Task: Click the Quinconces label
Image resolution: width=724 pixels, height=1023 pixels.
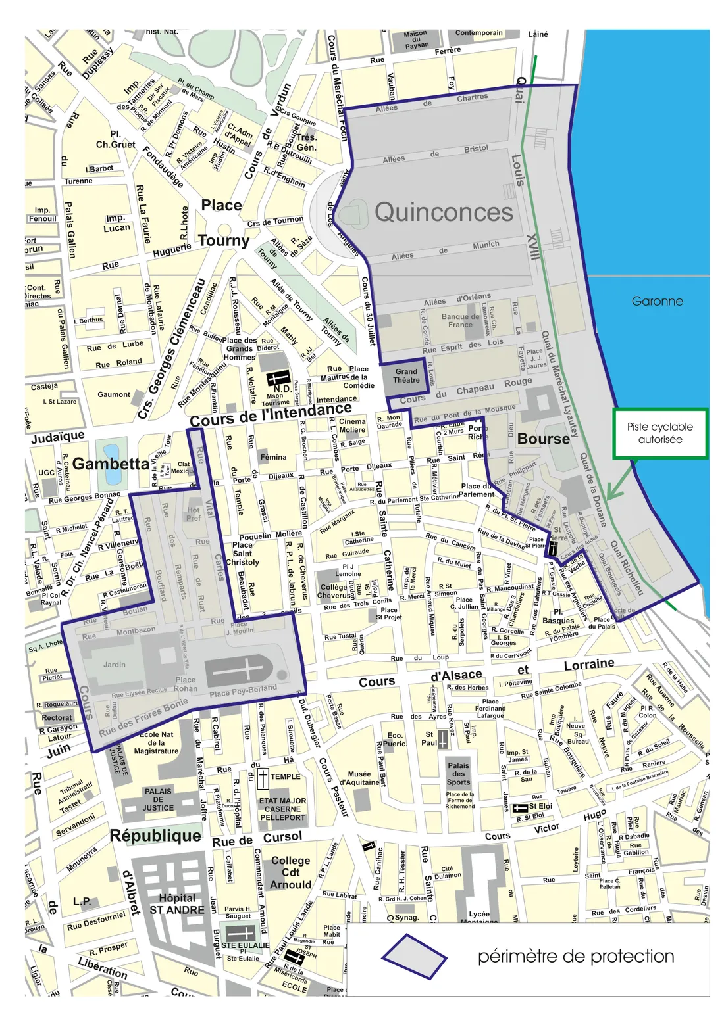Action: pos(444,212)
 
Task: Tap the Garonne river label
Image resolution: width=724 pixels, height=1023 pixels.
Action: pos(657,301)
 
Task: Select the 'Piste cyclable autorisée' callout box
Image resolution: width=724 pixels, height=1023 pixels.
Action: pos(660,433)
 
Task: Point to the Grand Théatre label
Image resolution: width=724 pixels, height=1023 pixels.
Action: pos(406,375)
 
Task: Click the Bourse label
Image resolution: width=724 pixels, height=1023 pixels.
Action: pos(543,439)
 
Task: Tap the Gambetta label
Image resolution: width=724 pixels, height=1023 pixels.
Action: pos(111,464)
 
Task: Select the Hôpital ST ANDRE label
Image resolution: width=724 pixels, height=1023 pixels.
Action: pos(176,904)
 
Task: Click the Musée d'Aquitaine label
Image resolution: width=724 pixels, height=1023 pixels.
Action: pos(359,778)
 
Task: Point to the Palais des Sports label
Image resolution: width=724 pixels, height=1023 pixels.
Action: pos(458,773)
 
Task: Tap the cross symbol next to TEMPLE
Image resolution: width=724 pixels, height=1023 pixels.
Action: pos(263,778)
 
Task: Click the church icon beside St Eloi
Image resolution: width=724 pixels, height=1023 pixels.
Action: pos(520,807)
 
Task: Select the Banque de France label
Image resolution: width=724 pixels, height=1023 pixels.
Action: pos(460,320)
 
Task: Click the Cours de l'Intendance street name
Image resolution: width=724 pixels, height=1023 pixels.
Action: pos(271,414)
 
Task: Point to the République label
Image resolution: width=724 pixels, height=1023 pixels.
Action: pos(155,836)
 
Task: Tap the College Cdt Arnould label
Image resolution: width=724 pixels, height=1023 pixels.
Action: pos(290,872)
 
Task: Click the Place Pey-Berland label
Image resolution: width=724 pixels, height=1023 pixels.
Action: pos(243,690)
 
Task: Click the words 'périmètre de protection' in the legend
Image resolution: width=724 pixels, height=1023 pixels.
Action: pos(575,956)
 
